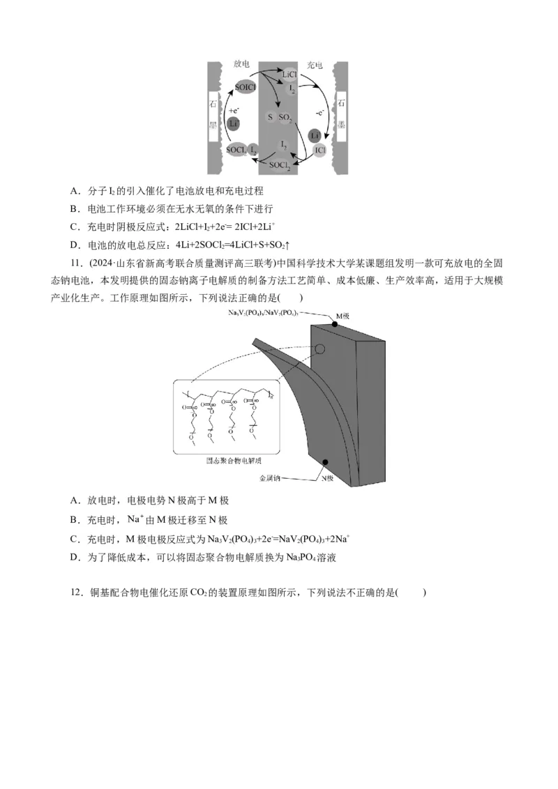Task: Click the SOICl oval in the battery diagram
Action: [245, 87]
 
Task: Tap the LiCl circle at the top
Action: [289, 73]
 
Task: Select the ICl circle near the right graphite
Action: [319, 150]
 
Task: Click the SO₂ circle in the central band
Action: [285, 118]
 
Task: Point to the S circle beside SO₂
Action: [270, 118]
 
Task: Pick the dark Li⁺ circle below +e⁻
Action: [234, 123]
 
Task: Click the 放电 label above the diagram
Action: [243, 64]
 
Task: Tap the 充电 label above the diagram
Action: [315, 65]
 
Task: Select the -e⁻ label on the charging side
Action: [319, 112]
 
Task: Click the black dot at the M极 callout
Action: [331, 316]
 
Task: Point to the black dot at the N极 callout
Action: [326, 462]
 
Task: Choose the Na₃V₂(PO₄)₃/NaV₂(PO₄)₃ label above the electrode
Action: [264, 313]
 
